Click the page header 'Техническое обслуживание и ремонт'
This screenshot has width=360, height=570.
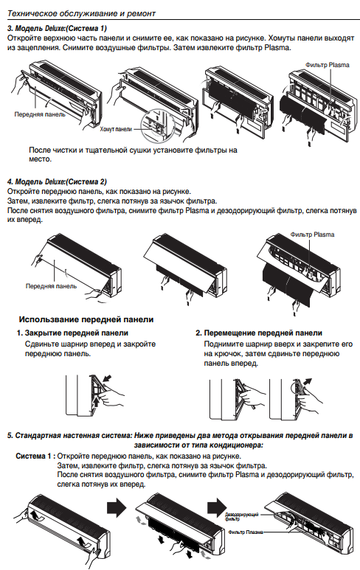point(81,13)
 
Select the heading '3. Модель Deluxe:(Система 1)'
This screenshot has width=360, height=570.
point(57,28)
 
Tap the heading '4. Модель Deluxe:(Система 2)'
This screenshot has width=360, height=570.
point(57,181)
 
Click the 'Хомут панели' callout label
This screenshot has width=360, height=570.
point(116,129)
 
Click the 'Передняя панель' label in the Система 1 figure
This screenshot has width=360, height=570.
point(40,114)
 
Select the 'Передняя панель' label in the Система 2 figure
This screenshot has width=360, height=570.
point(52,285)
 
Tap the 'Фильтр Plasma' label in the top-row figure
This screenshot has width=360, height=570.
point(328,65)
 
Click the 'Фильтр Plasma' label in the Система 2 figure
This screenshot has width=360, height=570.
point(312,234)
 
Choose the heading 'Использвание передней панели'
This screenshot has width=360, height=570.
point(86,319)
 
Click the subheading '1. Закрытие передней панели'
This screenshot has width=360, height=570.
point(72,333)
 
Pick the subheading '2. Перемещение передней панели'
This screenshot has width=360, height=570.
point(259,333)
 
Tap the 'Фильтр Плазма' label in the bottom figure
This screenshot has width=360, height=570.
point(246,532)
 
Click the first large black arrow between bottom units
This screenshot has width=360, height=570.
point(117,507)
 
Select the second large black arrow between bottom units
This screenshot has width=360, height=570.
point(217,507)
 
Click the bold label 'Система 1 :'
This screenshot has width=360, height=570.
point(35,456)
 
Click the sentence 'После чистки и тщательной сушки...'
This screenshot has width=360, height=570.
point(133,155)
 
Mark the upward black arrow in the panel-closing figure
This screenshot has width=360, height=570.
point(96,402)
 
